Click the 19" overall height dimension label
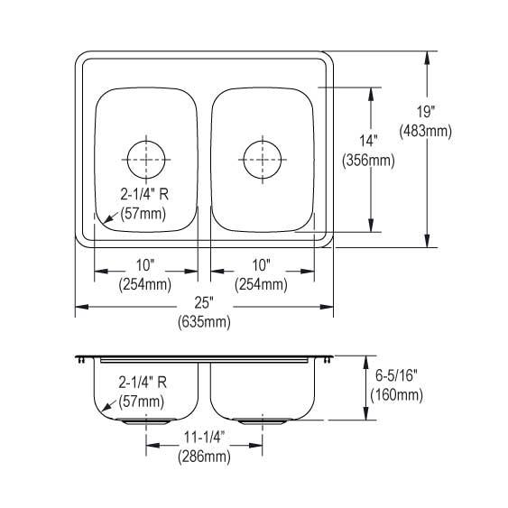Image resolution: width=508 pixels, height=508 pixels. coord(425,112)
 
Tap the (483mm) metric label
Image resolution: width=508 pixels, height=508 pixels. coord(425,131)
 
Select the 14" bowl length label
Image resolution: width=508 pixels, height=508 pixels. coord(368,141)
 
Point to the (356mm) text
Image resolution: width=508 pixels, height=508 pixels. coord(368,160)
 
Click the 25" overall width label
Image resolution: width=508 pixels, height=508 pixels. coord(204,302)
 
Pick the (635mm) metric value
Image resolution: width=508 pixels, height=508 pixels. coord(204,322)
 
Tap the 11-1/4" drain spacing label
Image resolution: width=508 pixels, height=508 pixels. coord(204,438)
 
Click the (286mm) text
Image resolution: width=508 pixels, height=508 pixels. coord(204,457)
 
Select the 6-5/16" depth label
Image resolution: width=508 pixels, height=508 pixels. coord(396,375)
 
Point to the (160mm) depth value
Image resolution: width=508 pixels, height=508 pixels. coord(396,395)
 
